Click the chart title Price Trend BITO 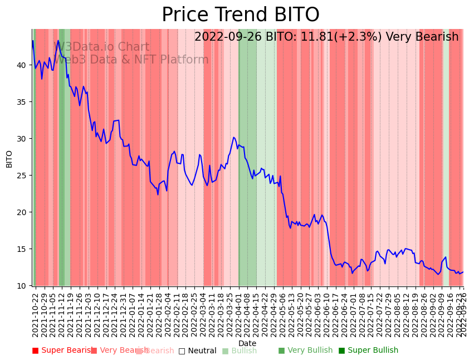click(x=241, y=15)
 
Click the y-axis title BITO click(x=9, y=159)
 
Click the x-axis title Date click(x=247, y=343)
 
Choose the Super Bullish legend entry click(x=368, y=351)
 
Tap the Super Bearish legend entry click(x=62, y=351)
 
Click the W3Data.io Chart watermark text click(x=101, y=47)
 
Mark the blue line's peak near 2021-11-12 click(x=58, y=40)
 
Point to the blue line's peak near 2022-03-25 click(x=234, y=137)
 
